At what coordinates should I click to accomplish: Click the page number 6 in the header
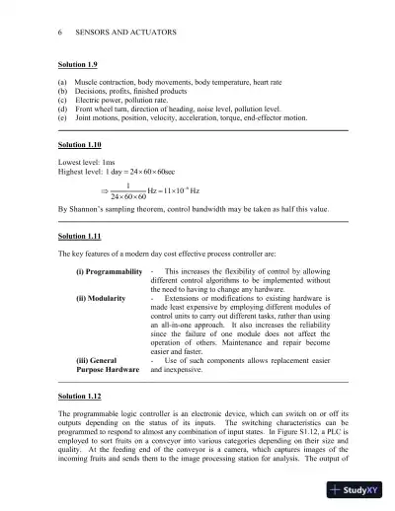click(60, 33)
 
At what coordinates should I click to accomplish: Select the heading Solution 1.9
click(80, 64)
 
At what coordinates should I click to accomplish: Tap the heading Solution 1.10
click(82, 143)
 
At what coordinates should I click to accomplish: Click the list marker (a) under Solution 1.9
click(64, 82)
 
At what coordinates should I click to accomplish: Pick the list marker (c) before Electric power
click(64, 100)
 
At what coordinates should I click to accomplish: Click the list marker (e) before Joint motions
click(64, 116)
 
